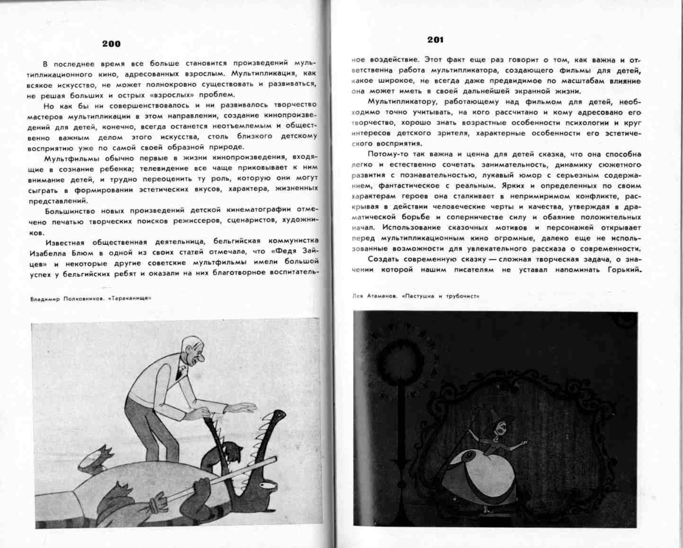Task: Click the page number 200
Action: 111,44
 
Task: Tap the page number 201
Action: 435,40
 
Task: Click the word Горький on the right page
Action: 623,270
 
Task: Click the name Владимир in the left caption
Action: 44,299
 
